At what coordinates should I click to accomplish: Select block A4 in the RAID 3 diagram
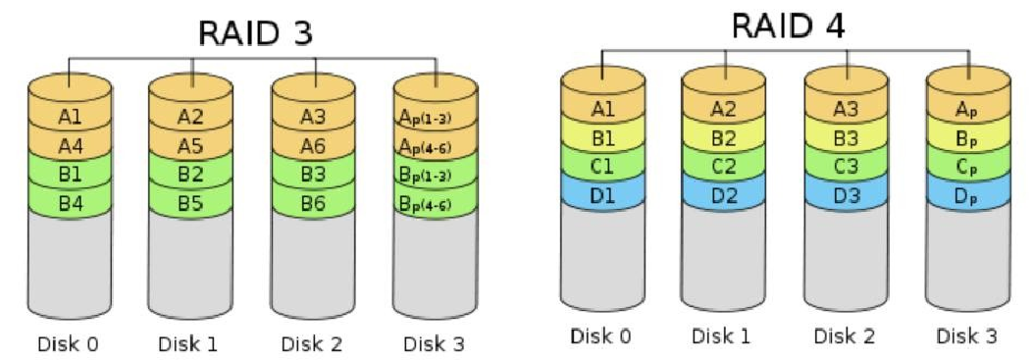click(x=69, y=146)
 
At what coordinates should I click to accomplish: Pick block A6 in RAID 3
click(x=313, y=146)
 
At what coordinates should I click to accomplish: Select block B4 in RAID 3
click(x=69, y=204)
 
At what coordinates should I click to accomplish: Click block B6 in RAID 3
click(x=313, y=204)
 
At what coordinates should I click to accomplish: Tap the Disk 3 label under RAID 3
click(x=435, y=343)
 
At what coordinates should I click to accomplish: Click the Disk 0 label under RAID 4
click(x=601, y=335)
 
